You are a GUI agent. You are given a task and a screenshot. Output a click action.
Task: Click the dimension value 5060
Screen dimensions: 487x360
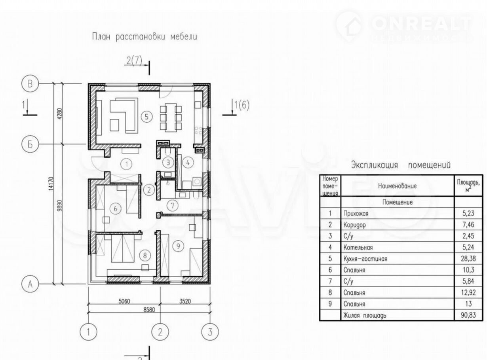[124, 301]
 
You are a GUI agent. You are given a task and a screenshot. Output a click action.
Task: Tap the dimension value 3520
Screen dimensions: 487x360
[185, 301]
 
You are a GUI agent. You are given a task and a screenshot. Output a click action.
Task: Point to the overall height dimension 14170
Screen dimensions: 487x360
[51, 184]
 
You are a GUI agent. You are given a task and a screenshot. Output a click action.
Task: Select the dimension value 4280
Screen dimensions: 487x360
[60, 113]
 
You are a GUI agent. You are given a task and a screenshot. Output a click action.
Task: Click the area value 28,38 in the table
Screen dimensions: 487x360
[468, 258]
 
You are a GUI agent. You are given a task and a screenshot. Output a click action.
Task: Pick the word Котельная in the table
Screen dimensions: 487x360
[358, 248]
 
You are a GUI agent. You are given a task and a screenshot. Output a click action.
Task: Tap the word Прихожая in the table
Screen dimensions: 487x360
[356, 214]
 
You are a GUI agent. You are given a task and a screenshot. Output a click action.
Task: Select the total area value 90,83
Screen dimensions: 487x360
[468, 315]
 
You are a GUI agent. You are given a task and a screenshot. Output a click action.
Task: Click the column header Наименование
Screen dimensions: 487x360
[397, 186]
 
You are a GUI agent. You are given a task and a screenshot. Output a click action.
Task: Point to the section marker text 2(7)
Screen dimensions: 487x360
[134, 61]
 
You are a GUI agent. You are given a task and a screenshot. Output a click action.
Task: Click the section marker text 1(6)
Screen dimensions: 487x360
[242, 105]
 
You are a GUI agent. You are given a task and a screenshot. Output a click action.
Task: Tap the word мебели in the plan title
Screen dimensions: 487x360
[184, 37]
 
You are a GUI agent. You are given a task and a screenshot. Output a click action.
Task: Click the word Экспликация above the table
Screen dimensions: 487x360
[375, 165]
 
